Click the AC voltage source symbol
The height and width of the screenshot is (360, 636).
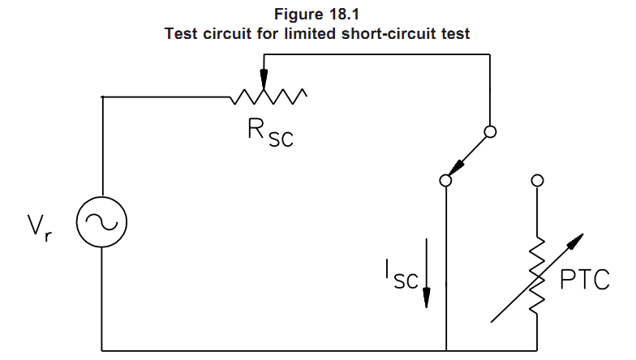pyautogui.click(x=102, y=221)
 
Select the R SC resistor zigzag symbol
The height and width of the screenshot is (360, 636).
pyautogui.click(x=269, y=97)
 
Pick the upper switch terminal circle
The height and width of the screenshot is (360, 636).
pyautogui.click(x=490, y=131)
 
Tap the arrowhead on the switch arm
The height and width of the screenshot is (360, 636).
pyautogui.click(x=456, y=167)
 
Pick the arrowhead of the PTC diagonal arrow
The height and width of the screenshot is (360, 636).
pyautogui.click(x=577, y=239)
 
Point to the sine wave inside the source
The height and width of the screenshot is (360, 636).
pyautogui.click(x=102, y=221)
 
